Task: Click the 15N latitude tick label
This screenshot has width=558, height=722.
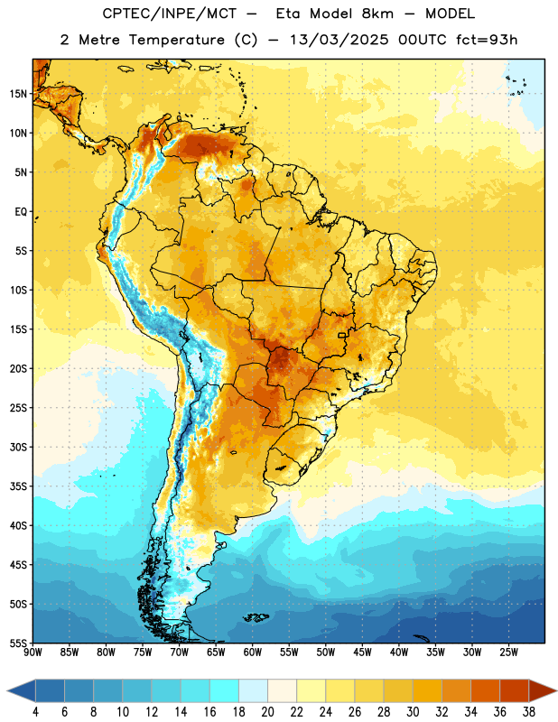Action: click(x=18, y=94)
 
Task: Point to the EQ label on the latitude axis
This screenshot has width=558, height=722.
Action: click(x=21, y=212)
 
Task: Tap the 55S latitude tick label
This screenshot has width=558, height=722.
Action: click(x=18, y=643)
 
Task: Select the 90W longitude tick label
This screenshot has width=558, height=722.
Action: click(x=33, y=652)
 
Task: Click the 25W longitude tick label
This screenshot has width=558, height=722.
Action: click(x=508, y=652)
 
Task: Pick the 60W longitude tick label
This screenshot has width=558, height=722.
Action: click(x=253, y=652)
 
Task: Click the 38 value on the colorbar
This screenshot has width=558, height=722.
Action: click(x=529, y=712)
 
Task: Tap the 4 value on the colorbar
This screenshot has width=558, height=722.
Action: click(x=35, y=712)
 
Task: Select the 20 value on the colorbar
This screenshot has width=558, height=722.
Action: click(x=267, y=712)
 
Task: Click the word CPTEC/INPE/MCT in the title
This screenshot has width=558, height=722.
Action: click(x=170, y=14)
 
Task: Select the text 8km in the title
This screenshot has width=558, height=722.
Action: click(x=377, y=14)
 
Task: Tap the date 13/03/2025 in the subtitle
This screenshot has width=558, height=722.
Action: click(x=339, y=40)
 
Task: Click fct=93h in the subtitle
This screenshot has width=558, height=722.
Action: click(x=487, y=40)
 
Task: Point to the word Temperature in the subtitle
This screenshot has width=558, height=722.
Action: click(x=176, y=41)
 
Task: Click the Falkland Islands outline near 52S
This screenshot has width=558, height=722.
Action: click(x=256, y=617)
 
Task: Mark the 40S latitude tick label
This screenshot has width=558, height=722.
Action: click(x=18, y=525)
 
